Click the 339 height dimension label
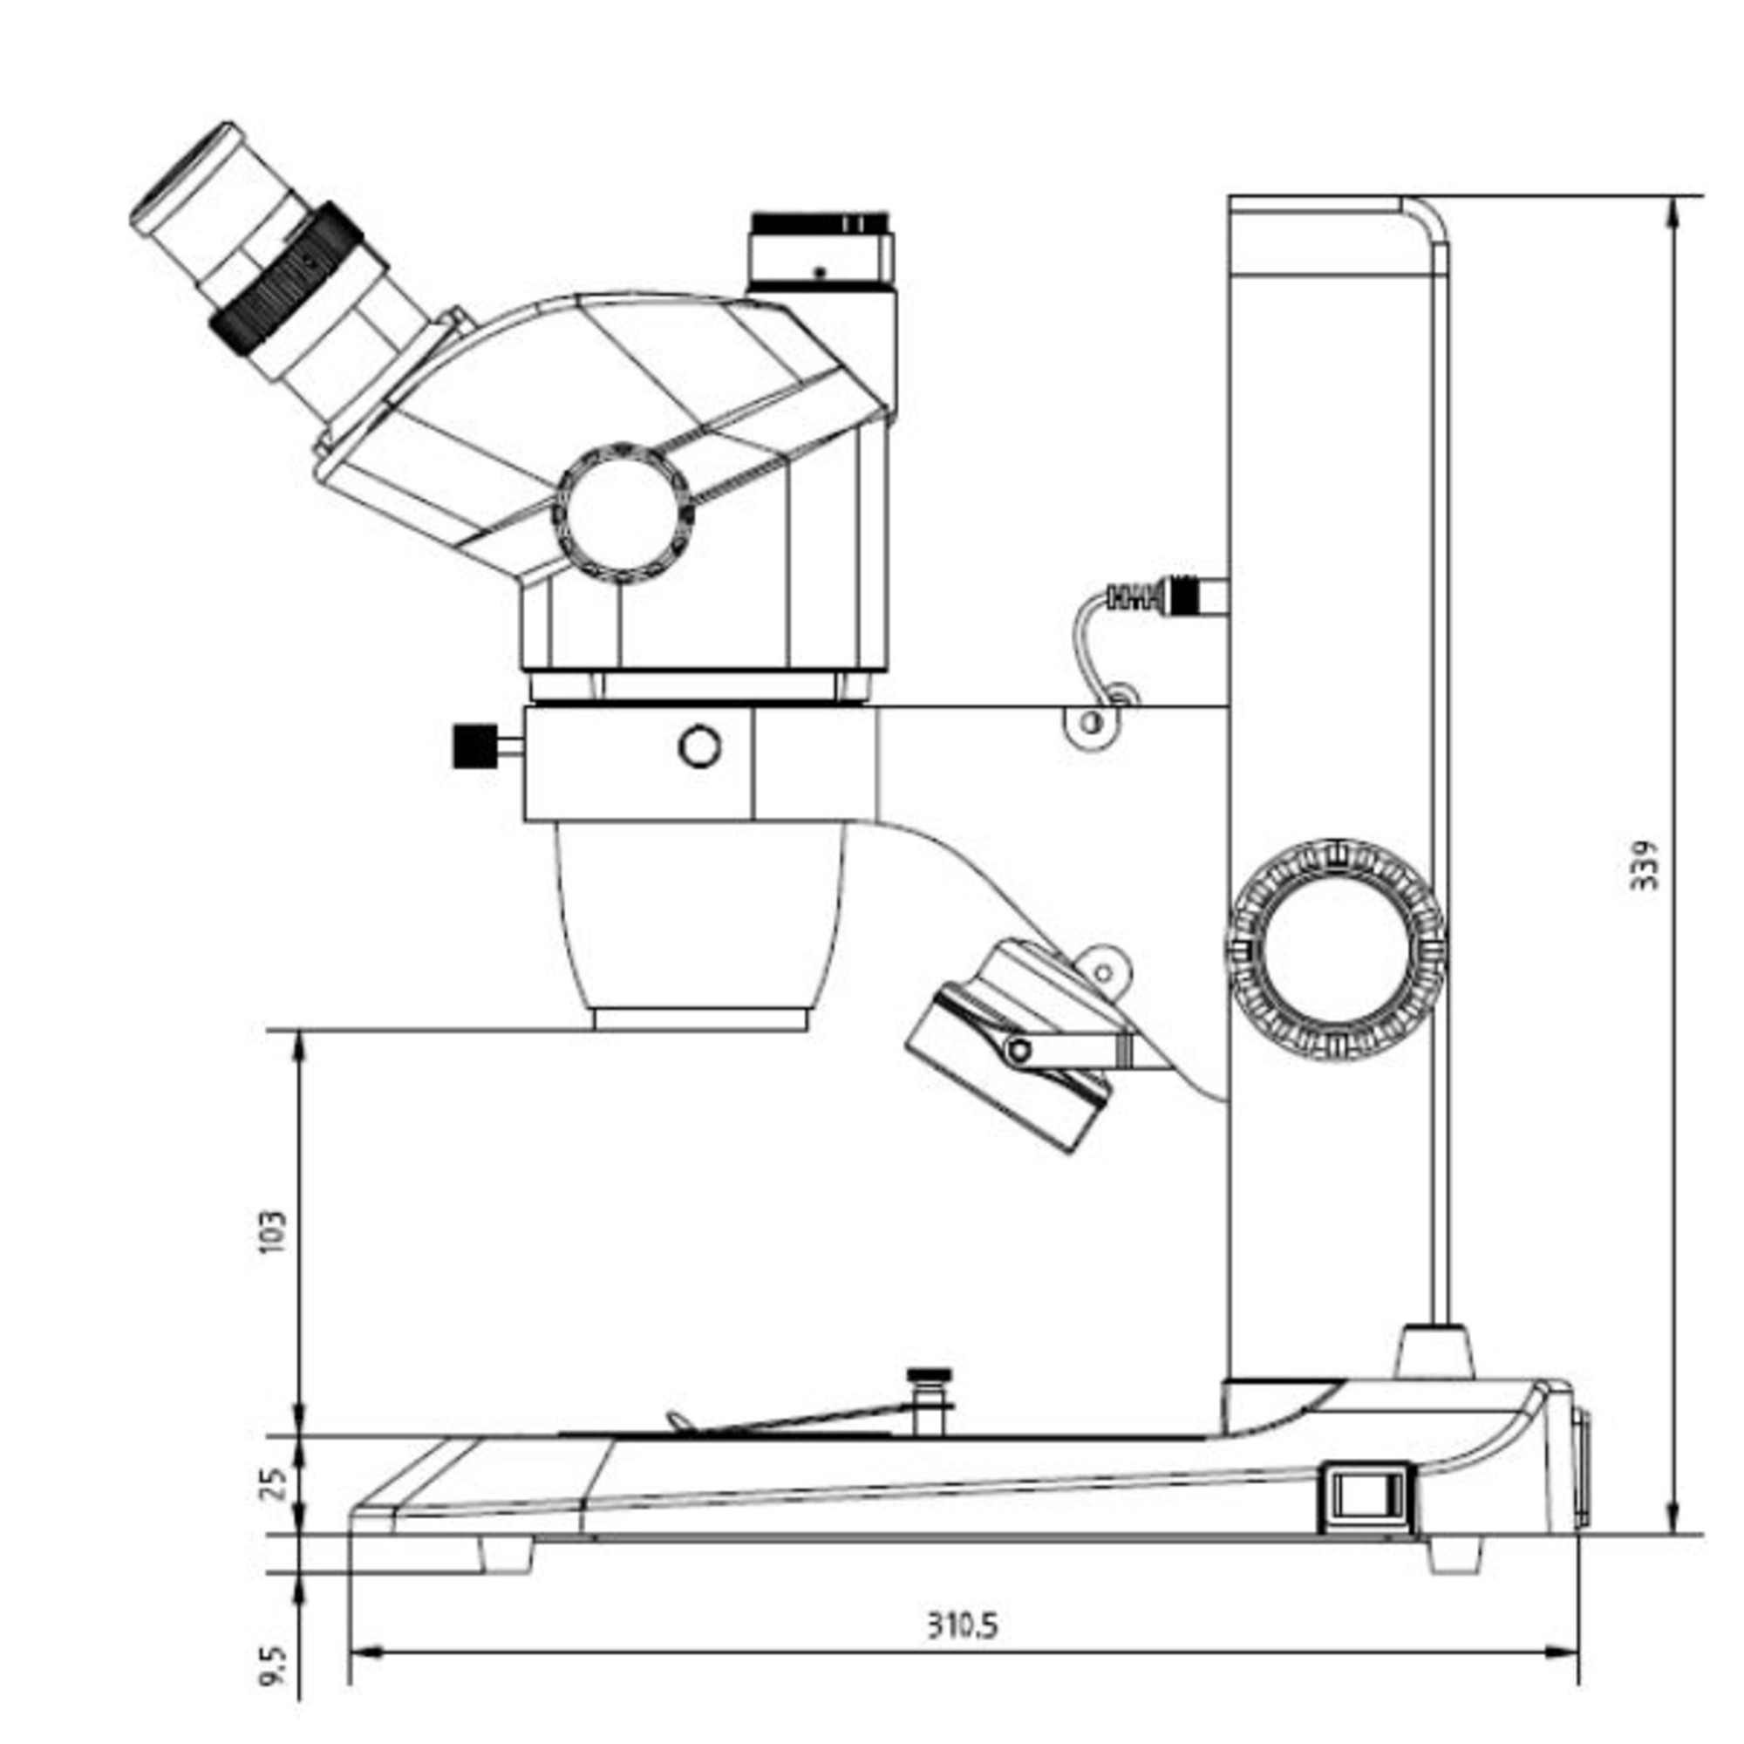(x=1645, y=866)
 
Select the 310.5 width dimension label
(x=964, y=1625)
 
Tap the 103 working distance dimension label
(x=272, y=1230)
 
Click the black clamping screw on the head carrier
(x=476, y=746)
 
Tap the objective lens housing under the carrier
(x=700, y=926)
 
